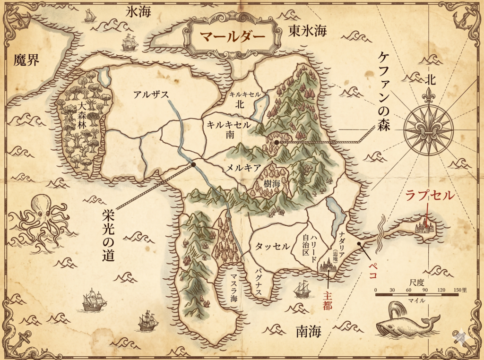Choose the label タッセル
272,246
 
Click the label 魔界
26,60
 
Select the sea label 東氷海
308,31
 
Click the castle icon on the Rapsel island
424,228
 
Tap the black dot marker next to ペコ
359,244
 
